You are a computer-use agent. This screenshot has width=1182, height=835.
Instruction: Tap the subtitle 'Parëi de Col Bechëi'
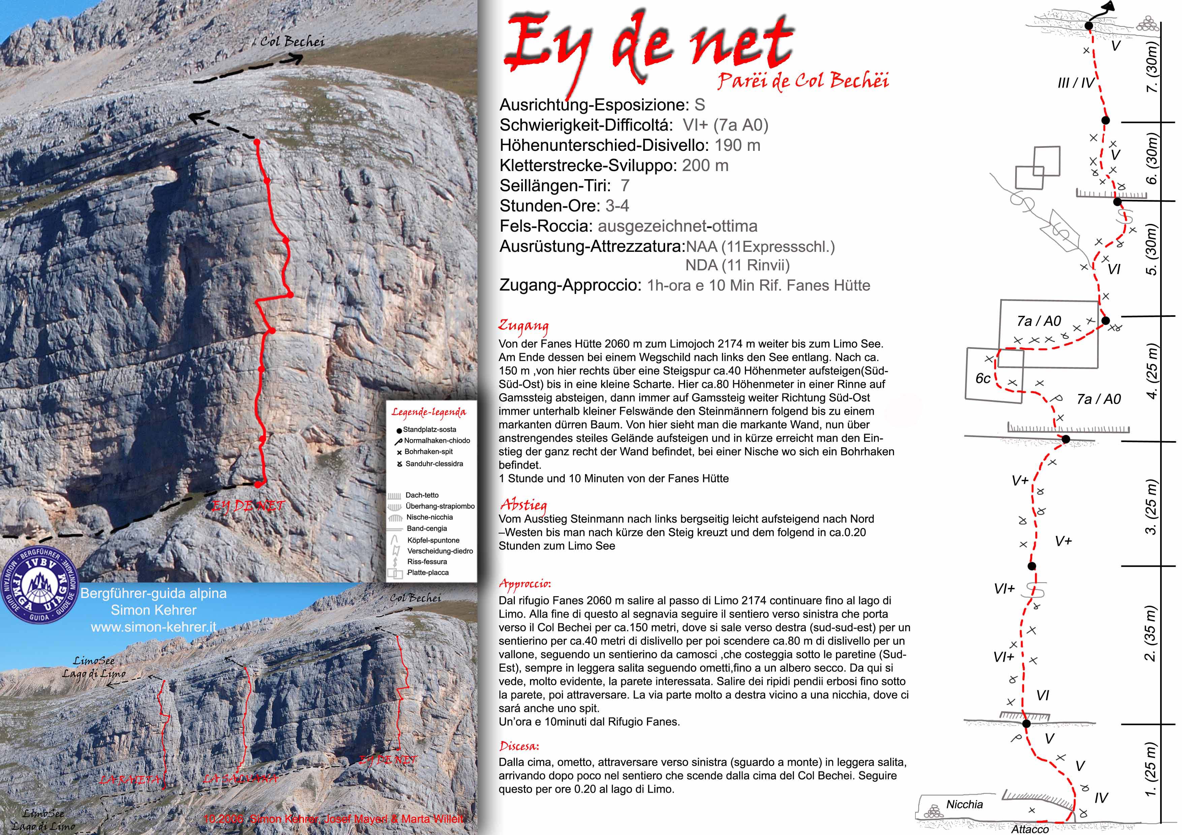[x=803, y=81]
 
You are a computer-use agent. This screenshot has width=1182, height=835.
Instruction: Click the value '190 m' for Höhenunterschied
[x=737, y=145]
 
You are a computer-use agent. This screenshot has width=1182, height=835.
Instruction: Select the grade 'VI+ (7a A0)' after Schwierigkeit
[x=725, y=125]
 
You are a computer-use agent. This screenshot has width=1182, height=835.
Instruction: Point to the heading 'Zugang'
[x=523, y=326]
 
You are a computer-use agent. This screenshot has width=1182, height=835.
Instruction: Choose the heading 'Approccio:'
[x=525, y=584]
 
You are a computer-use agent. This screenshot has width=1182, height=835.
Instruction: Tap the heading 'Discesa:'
[x=519, y=746]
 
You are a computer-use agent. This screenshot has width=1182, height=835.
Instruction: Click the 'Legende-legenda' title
[x=429, y=412]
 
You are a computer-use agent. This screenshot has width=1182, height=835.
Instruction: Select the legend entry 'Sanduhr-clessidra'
[x=434, y=464]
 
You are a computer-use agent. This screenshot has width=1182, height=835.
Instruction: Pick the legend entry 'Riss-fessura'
[x=427, y=562]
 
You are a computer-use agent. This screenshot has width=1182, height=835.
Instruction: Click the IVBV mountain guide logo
[x=40, y=586]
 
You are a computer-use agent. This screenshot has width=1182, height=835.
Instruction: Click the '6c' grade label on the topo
[x=983, y=379]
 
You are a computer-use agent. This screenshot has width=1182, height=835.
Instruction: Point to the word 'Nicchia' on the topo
[x=964, y=804]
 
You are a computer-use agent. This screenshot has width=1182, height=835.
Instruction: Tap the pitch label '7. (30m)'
[x=1152, y=67]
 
